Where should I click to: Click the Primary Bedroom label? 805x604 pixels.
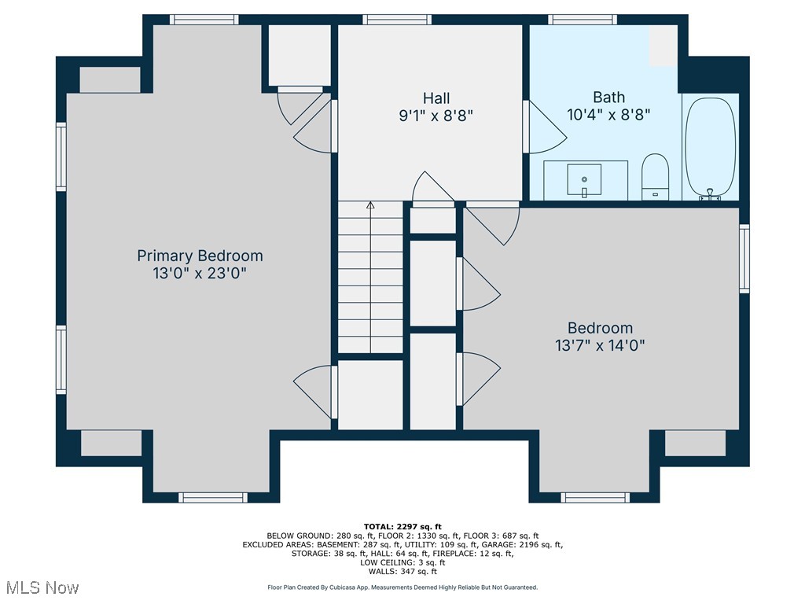(200, 256)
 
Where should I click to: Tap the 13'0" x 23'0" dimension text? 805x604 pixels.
(200, 273)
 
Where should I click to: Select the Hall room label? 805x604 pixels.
(436, 98)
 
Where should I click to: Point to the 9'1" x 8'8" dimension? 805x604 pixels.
(436, 116)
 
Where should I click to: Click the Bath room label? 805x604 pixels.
(608, 98)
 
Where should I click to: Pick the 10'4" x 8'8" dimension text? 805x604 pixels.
(608, 115)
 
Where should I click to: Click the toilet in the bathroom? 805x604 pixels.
(655, 176)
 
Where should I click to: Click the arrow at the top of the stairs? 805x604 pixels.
(370, 206)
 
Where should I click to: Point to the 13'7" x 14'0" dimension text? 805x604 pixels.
(600, 344)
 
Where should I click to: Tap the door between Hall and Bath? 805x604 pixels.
(545, 127)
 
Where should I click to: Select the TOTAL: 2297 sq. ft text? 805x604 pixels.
(402, 527)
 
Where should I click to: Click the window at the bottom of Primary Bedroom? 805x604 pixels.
(212, 497)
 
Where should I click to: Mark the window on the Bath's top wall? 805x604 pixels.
(583, 20)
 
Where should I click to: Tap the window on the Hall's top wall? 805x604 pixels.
(398, 20)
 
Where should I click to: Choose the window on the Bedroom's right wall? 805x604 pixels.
(744, 259)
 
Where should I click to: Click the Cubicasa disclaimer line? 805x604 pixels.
(402, 587)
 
